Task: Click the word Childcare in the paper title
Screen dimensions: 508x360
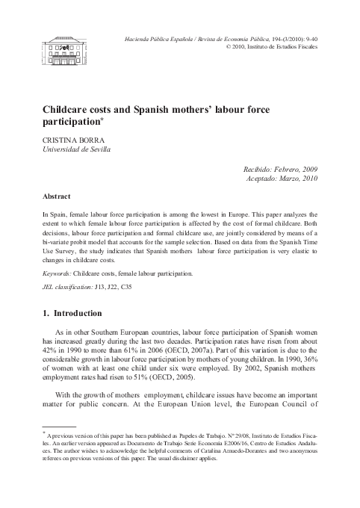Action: (x=73, y=109)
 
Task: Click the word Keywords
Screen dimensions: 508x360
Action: (x=59, y=273)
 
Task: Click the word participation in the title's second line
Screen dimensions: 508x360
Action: (x=71, y=122)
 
